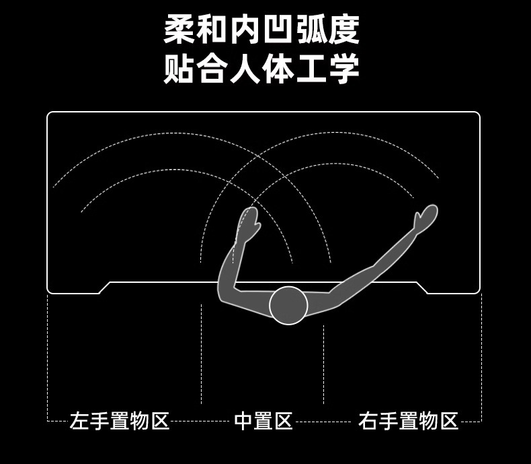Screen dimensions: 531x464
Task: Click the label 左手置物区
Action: [120, 422]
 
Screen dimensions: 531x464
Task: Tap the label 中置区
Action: [263, 422]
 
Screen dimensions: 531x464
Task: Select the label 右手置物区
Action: [408, 422]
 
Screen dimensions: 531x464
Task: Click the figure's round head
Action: [288, 305]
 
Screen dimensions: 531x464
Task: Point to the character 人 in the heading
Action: [245, 68]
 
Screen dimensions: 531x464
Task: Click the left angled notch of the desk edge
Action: [105, 288]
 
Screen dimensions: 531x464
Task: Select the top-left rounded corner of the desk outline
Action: [50, 116]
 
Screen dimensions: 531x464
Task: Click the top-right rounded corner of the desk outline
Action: [477, 116]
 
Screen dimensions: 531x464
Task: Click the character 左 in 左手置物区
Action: [79, 422]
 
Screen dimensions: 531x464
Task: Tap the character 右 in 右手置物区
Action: [368, 422]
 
